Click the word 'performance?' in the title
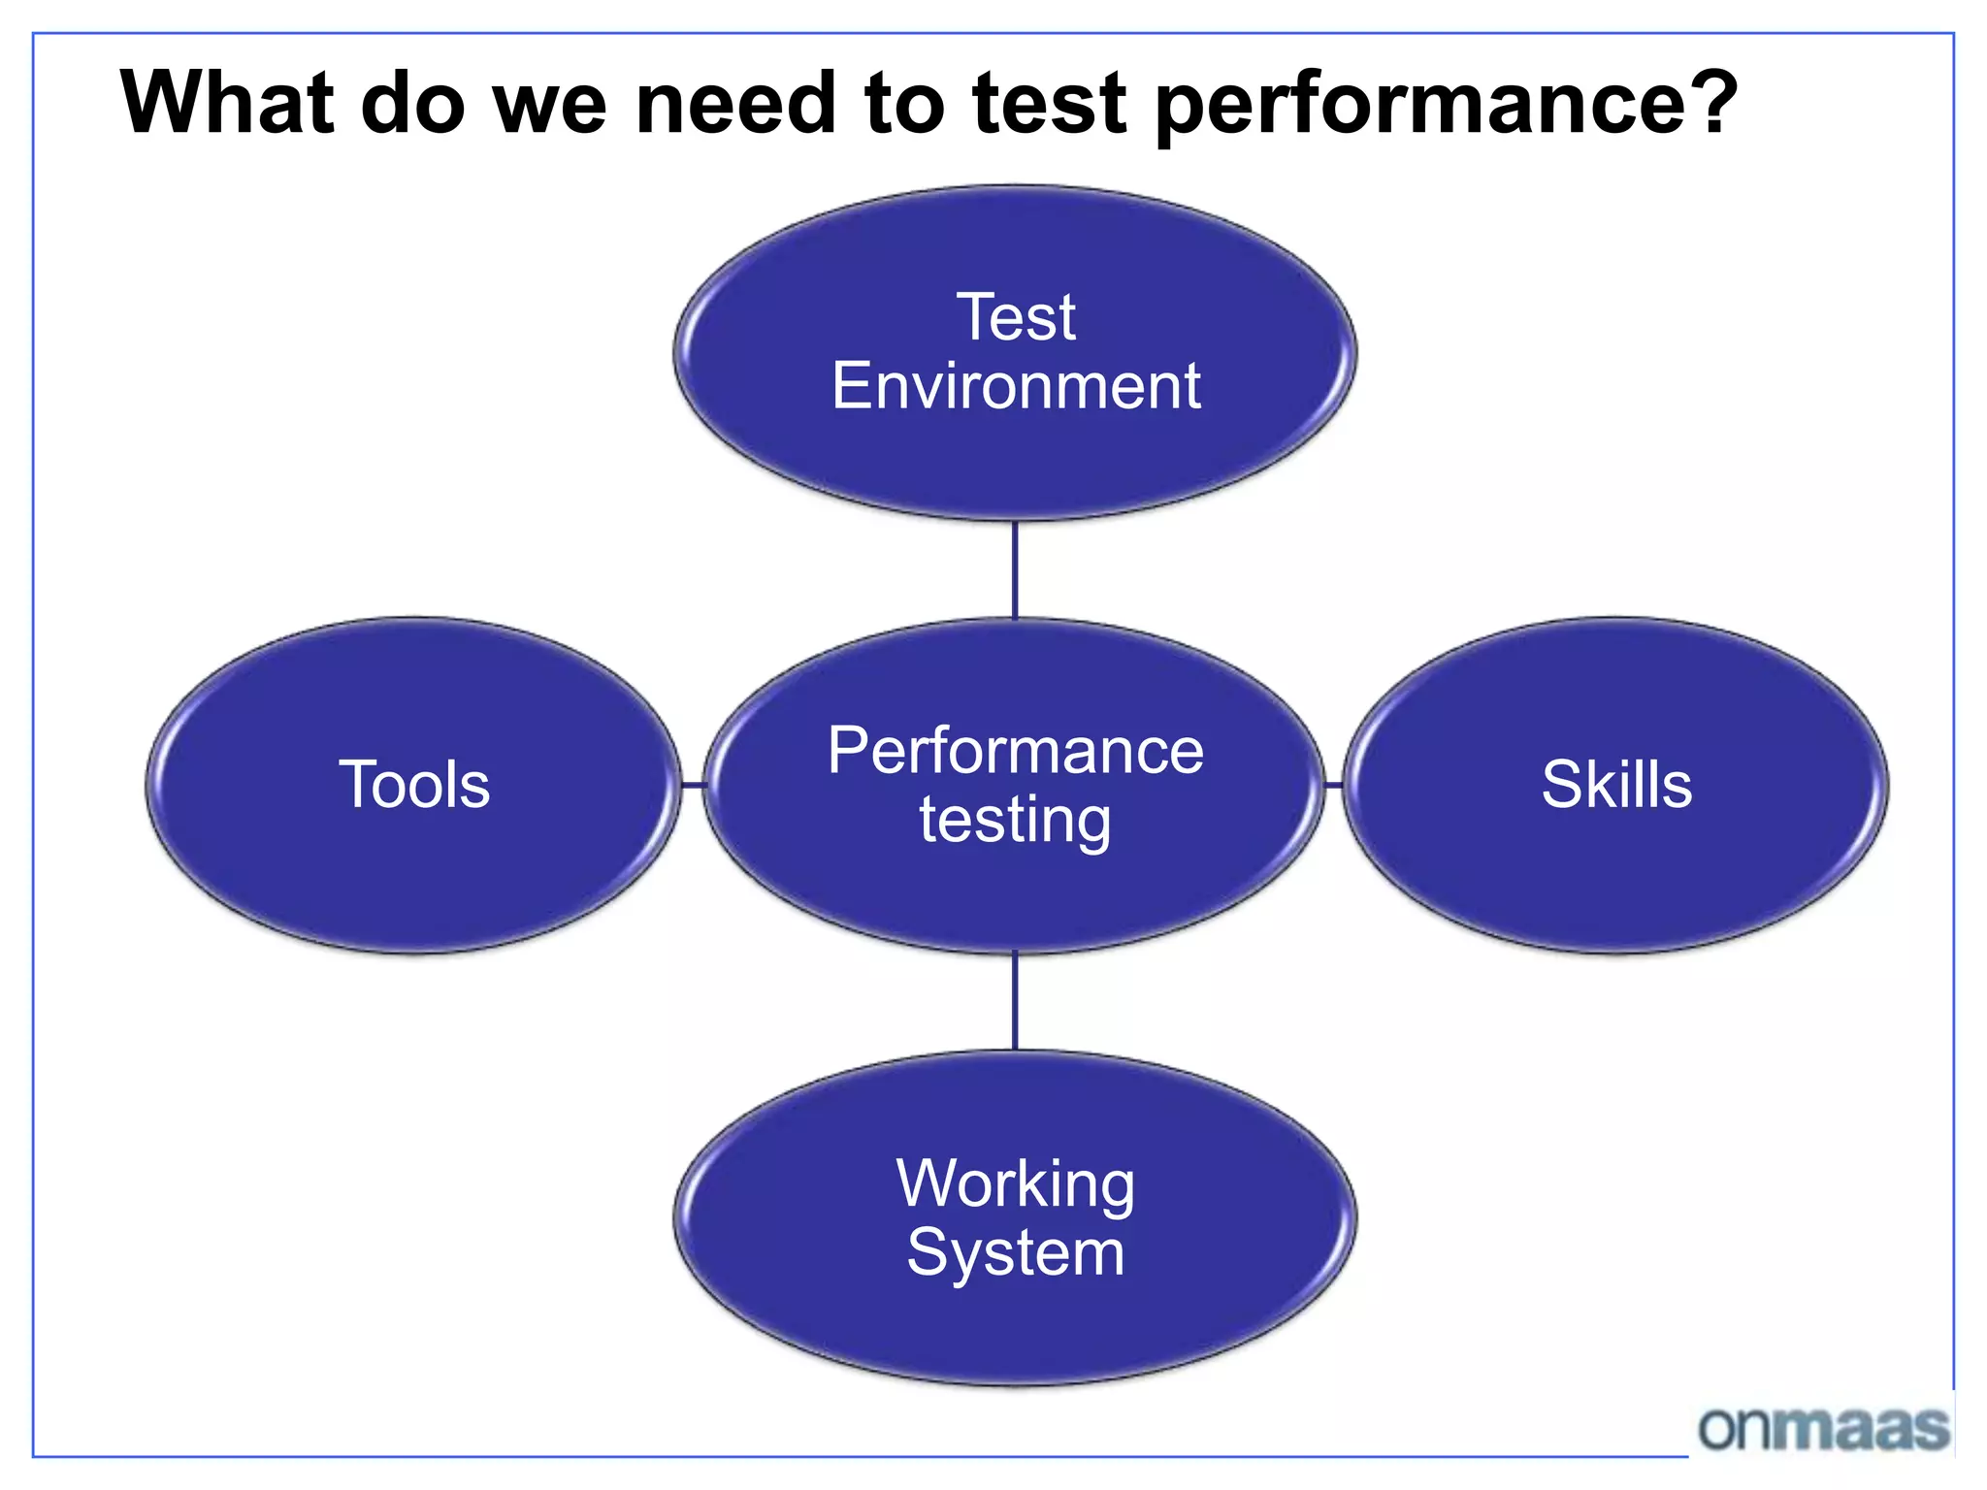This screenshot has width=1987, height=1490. tap(1446, 105)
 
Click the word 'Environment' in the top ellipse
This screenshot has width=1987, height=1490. tap(1016, 386)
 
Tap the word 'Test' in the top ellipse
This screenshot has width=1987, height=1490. tap(1016, 317)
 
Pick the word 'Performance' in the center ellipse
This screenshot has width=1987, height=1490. tap(1016, 751)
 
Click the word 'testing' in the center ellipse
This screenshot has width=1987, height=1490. tap(1015, 821)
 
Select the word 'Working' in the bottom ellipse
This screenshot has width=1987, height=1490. tap(1015, 1184)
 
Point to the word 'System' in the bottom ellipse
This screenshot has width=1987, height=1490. tap(1015, 1252)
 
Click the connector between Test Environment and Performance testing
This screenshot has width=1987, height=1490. tap(1015, 570)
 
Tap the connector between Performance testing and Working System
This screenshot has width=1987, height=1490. tap(1015, 1002)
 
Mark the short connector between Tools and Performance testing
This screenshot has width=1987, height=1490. tap(693, 785)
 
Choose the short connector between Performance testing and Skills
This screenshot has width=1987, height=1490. tap(1334, 785)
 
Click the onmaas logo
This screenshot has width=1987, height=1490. tap(1823, 1428)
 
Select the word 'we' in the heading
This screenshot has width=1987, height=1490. tap(550, 104)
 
